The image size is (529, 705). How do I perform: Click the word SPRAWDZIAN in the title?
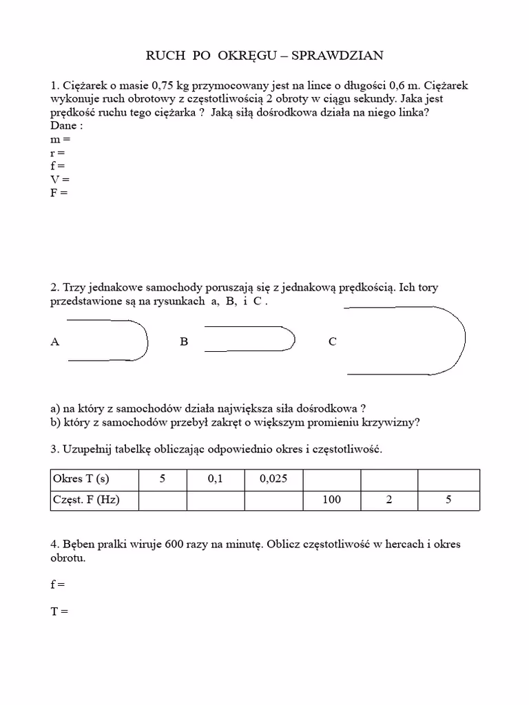click(338, 55)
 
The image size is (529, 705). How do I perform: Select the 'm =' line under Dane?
click(60, 139)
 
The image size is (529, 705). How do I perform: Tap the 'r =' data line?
click(58, 153)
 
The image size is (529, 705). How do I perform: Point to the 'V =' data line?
click(60, 180)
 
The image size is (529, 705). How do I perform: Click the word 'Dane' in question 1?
click(63, 126)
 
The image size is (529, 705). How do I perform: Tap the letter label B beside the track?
click(184, 341)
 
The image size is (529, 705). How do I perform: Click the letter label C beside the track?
click(333, 341)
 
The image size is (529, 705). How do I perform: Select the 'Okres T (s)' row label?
click(81, 479)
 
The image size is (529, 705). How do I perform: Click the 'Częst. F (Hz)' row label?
click(86, 500)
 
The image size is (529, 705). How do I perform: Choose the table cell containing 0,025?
click(273, 479)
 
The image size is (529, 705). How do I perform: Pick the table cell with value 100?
click(331, 500)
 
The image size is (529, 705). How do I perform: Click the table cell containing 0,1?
click(216, 479)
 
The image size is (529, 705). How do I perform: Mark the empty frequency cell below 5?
click(163, 500)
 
